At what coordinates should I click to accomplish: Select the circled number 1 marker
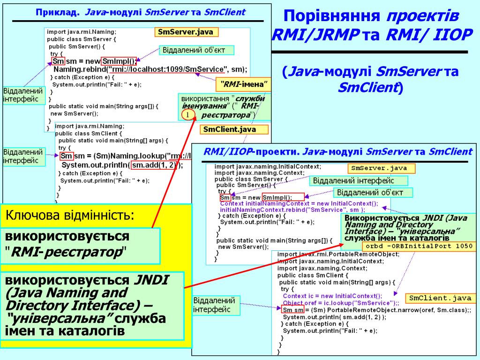coord(187,115)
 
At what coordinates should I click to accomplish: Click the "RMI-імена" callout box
coord(244,84)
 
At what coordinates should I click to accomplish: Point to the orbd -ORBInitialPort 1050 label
coord(419,246)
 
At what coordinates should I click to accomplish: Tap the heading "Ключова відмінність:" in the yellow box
coord(70,216)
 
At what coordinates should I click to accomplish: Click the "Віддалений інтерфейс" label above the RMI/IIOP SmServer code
coord(359,180)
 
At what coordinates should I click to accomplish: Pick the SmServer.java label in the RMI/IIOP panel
coord(381,168)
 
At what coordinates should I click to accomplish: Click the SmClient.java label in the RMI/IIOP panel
coord(440,298)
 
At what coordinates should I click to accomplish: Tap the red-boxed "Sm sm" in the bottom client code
coord(293,310)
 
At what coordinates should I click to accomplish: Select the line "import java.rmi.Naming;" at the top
coord(82,32)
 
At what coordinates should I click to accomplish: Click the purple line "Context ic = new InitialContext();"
coord(332,296)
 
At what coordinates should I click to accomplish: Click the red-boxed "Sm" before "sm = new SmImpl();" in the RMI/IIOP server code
coord(225,197)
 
